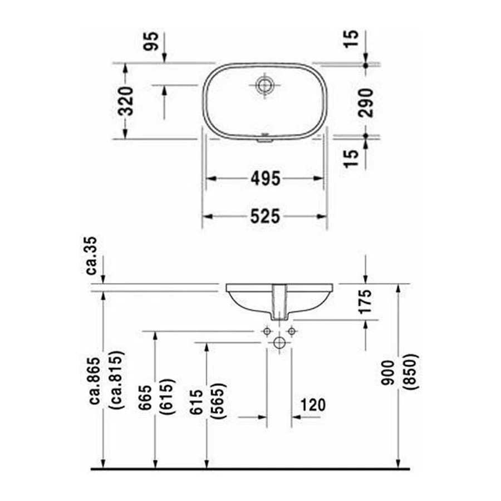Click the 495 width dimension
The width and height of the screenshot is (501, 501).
tap(264, 179)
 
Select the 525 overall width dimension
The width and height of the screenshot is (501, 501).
tap(264, 217)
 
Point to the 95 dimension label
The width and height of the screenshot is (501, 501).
tap(150, 42)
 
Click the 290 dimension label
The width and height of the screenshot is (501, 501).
tap(366, 101)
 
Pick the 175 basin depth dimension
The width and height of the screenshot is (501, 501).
tap(366, 301)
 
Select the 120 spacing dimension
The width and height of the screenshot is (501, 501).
tap(313, 405)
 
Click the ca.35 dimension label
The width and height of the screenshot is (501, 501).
tap(92, 256)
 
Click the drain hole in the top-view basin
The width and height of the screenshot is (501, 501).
tap(264, 85)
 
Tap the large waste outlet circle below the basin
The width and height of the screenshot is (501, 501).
tap(279, 343)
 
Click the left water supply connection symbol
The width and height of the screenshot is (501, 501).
tap(267, 331)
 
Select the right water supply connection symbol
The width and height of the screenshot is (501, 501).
tap(291, 331)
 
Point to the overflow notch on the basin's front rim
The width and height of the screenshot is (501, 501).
tap(264, 140)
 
